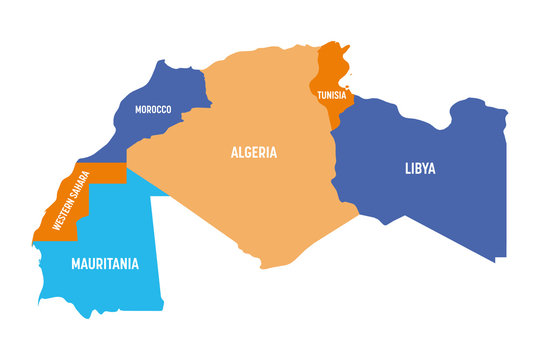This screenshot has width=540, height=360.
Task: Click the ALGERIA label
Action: click(254, 153)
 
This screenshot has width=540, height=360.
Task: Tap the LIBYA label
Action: click(420, 169)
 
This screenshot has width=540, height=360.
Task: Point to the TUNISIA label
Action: click(332, 95)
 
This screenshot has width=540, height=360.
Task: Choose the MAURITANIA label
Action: click(105, 265)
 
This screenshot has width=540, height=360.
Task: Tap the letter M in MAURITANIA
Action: click(76, 265)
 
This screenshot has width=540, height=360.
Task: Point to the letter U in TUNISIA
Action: click(324, 95)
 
